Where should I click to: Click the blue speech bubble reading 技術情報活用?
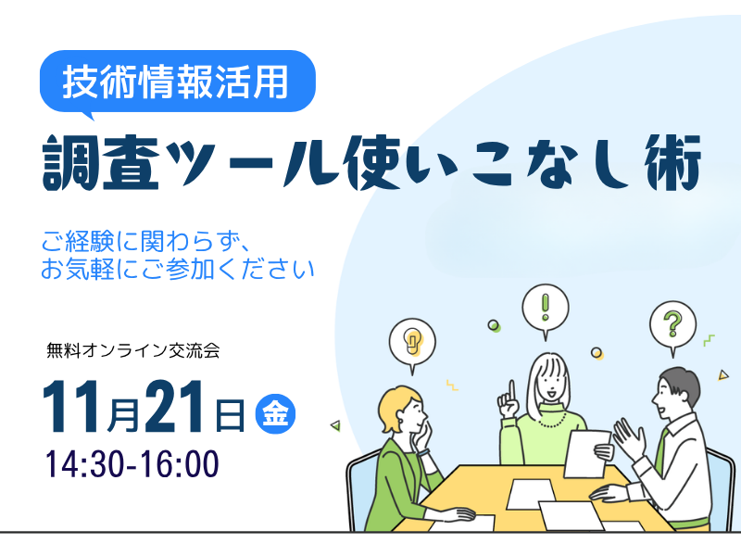point(177,82)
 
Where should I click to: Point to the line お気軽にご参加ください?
point(178,270)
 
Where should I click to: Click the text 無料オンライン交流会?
point(132,351)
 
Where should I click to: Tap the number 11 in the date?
point(74,407)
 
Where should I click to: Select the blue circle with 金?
point(274,412)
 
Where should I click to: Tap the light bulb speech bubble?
point(413,338)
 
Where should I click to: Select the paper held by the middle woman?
point(586,452)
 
